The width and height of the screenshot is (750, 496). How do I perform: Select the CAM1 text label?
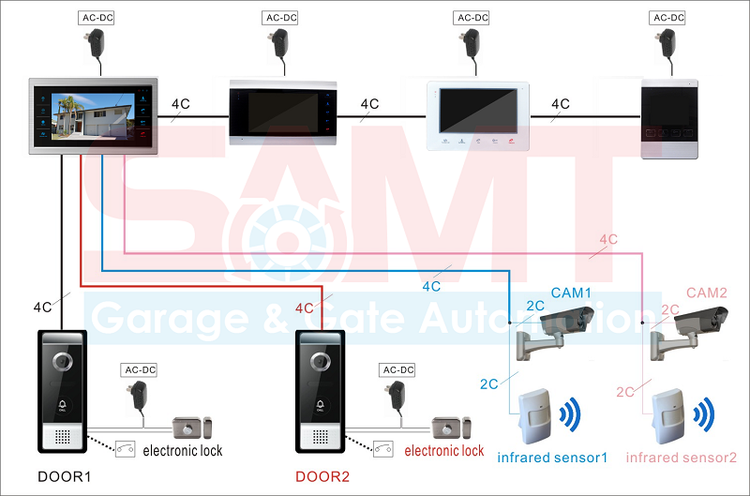(571, 293)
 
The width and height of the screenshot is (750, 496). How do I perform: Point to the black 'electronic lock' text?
(183, 451)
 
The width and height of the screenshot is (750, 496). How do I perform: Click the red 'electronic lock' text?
(444, 451)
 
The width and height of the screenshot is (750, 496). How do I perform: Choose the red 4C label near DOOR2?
(304, 308)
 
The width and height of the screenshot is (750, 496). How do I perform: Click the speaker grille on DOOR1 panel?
(62, 436)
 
